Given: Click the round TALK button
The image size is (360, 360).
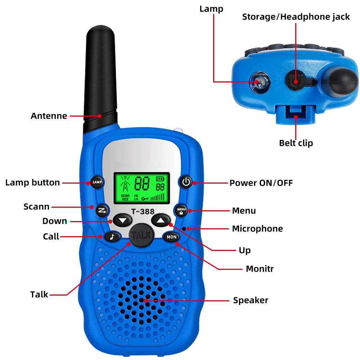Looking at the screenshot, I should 142,236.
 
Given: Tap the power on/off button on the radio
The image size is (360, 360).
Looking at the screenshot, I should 186,182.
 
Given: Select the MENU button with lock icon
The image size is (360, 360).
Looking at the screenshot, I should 181,210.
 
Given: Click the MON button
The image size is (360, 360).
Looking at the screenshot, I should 171,237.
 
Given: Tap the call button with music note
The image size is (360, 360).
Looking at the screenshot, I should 112,237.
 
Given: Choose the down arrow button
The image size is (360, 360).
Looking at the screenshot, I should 123,220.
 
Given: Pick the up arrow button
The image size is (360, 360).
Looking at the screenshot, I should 160,219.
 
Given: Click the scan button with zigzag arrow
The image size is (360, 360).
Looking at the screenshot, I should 102,210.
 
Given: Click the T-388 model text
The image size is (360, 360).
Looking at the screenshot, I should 142,212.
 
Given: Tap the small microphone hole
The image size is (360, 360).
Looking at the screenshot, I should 184,229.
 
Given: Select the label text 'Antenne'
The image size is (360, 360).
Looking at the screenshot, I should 49,116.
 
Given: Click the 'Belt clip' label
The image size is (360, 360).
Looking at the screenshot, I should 296,143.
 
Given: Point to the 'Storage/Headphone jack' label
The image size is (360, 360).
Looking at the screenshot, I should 296,17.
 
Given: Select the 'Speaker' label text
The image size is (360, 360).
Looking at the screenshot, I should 251,300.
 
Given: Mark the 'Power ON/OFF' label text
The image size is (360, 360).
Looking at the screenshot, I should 261,183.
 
